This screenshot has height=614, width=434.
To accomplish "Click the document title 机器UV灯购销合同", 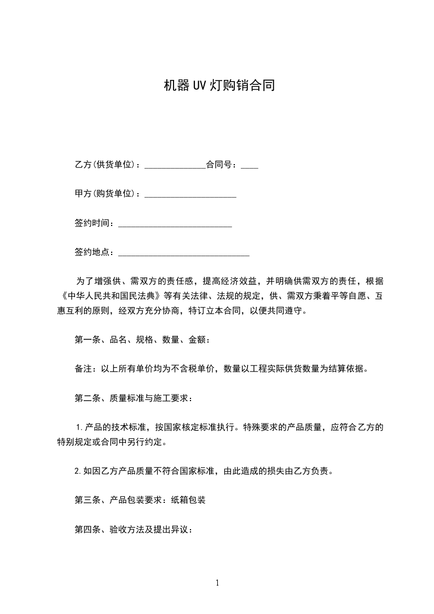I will click(x=219, y=85).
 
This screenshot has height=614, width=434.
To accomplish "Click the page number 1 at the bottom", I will click(x=217, y=583).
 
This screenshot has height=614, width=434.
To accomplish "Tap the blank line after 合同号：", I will click(x=250, y=166).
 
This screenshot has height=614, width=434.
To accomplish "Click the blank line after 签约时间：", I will click(x=175, y=224).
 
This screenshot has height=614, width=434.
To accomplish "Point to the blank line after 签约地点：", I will click(x=184, y=253).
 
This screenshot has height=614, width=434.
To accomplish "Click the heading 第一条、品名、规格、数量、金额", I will click(x=140, y=340).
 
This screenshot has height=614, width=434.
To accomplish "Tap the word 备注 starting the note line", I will click(x=83, y=369).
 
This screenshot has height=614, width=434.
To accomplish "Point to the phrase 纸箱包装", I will click(x=188, y=500).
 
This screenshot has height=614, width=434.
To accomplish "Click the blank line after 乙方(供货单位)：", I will click(x=175, y=166).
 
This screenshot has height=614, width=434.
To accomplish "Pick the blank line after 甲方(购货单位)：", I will click(x=190, y=195).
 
